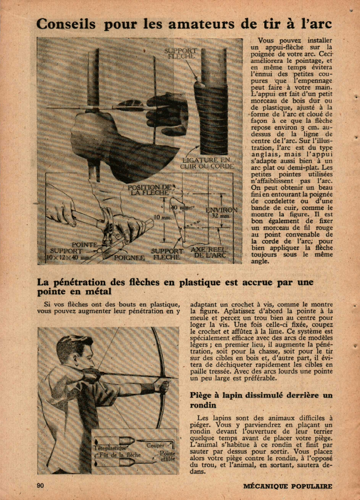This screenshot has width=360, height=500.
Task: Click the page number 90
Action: click(40, 486)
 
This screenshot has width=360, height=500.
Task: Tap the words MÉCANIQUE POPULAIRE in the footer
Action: click(288, 486)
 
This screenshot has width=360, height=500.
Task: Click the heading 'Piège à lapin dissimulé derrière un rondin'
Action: click(261, 400)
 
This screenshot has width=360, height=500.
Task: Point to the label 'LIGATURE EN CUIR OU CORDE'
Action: click(208, 163)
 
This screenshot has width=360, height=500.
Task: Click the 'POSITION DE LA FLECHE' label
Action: click(152, 190)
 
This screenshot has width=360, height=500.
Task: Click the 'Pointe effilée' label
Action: click(168, 457)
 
